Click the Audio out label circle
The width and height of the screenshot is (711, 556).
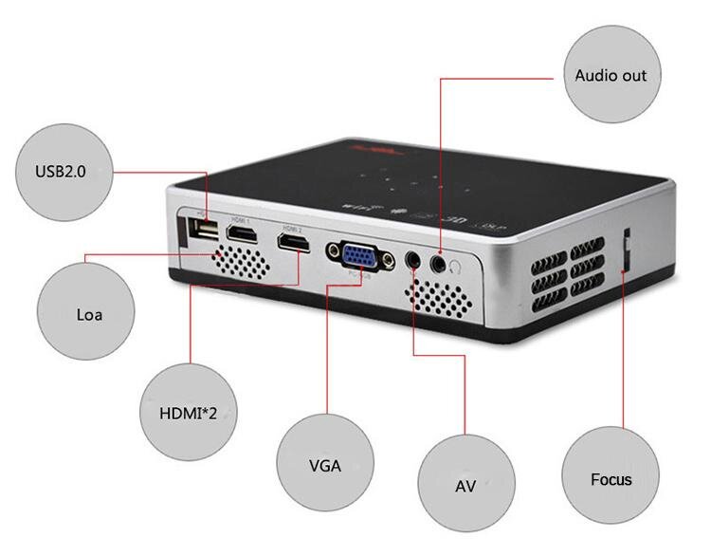[x=611, y=75]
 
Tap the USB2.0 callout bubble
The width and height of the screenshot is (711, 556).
[x=60, y=172]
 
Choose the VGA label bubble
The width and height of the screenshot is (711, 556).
[x=325, y=465]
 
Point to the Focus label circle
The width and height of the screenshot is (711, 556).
[x=611, y=479]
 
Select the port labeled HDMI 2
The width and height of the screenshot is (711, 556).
[x=293, y=244]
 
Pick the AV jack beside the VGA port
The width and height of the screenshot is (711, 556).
[x=413, y=257]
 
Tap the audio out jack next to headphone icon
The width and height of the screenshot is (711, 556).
[x=439, y=261]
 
